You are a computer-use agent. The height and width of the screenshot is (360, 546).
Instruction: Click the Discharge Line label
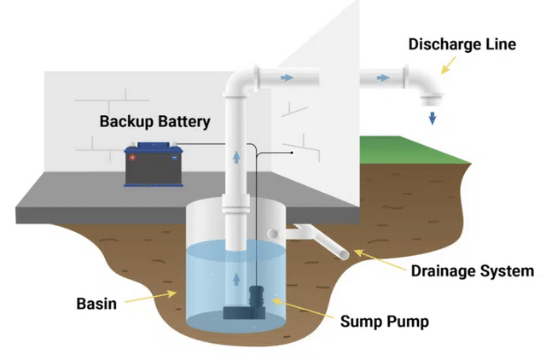tap(462, 44)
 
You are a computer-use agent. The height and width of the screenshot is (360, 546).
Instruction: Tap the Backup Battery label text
tap(154, 121)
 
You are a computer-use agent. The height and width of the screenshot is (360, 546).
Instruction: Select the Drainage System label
tap(473, 271)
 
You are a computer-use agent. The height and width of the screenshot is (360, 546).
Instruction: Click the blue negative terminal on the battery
tap(174, 157)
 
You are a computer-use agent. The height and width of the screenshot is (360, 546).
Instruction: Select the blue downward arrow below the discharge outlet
tap(433, 117)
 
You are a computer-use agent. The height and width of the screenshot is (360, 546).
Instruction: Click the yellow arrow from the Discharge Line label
tap(444, 64)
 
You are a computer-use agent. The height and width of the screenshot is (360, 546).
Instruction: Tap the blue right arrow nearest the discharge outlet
tap(387, 79)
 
